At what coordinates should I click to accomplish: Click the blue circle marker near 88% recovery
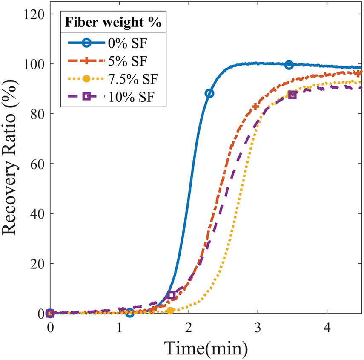tap(209, 93)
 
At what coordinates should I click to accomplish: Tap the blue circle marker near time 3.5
tap(289, 65)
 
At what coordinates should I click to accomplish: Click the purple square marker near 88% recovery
tap(292, 95)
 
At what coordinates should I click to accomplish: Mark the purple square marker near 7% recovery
tap(172, 295)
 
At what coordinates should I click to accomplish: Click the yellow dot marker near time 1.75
tap(170, 311)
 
